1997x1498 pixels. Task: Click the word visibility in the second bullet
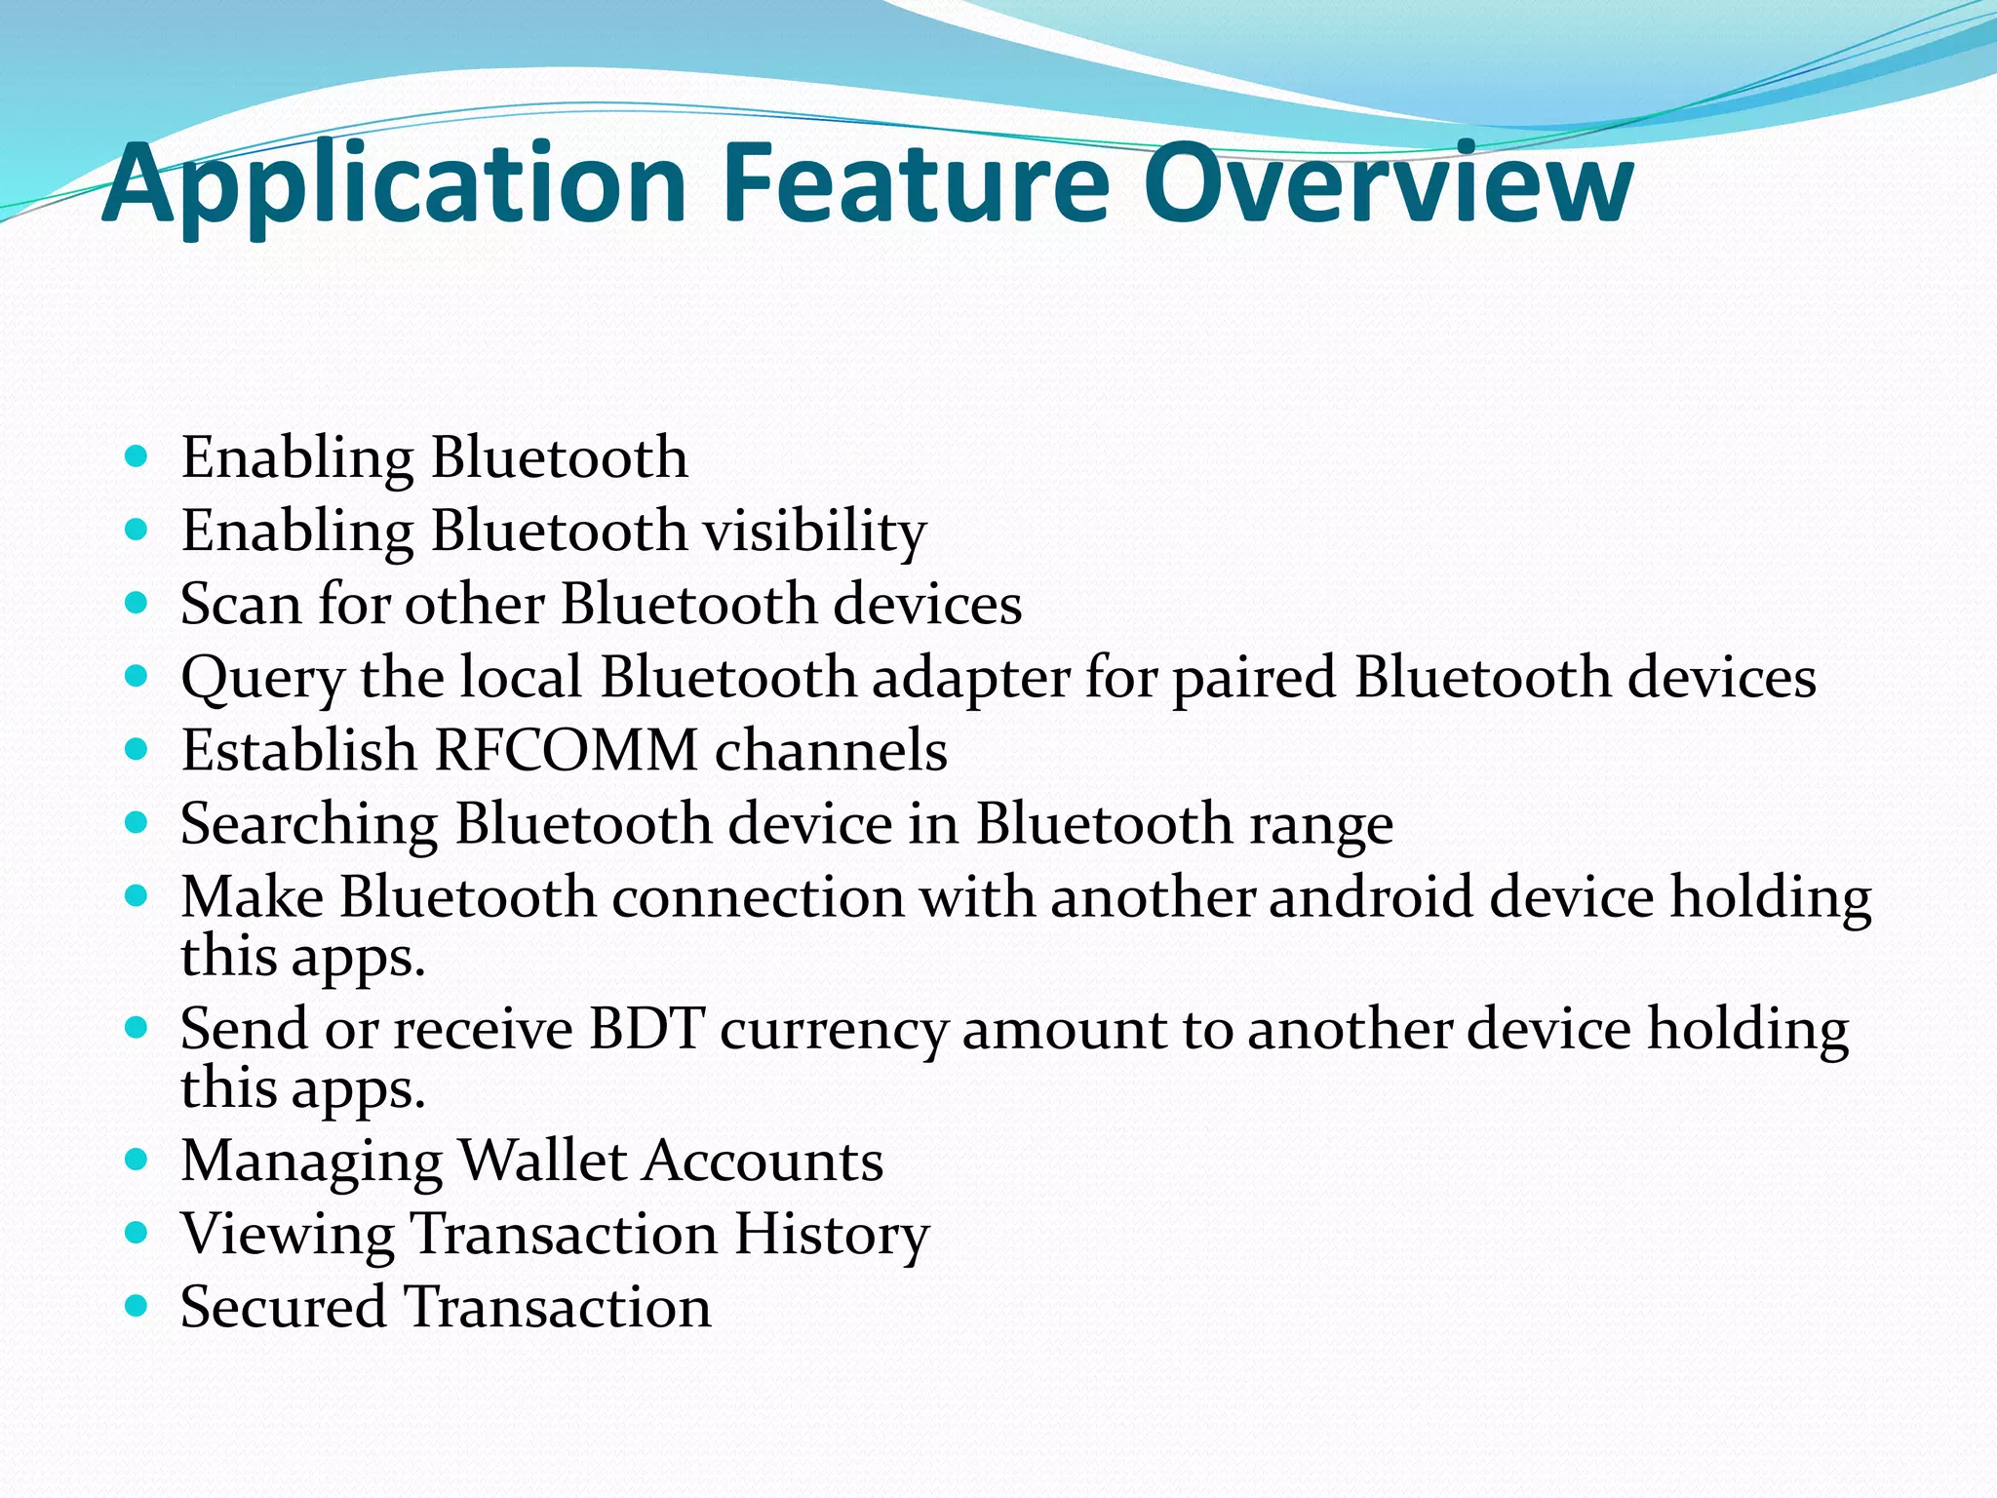815,532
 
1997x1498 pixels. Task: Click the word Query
262,679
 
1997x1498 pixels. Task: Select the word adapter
970,679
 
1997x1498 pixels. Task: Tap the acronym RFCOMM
567,751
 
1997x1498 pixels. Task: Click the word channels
831,751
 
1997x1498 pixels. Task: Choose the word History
832,1235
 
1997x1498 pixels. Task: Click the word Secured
284,1307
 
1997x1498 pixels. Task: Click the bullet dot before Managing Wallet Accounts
137,1160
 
